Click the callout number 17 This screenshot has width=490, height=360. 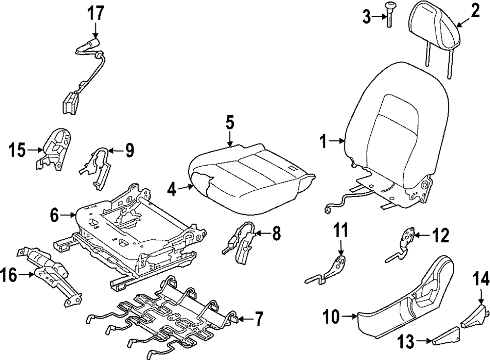(96, 13)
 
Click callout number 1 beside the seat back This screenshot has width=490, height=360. (323, 142)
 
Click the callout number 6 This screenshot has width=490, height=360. (55, 214)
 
